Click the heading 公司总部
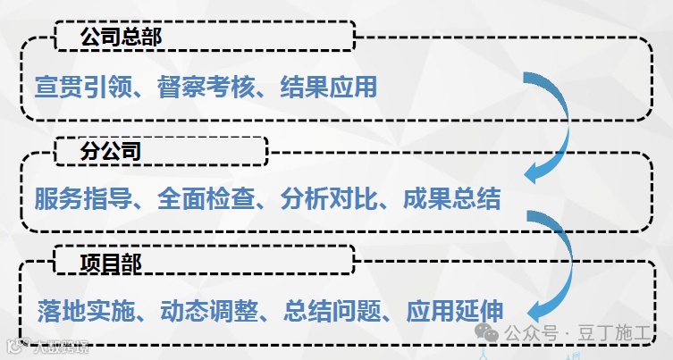(121, 38)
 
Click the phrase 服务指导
(78, 197)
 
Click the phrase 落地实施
(78, 311)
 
